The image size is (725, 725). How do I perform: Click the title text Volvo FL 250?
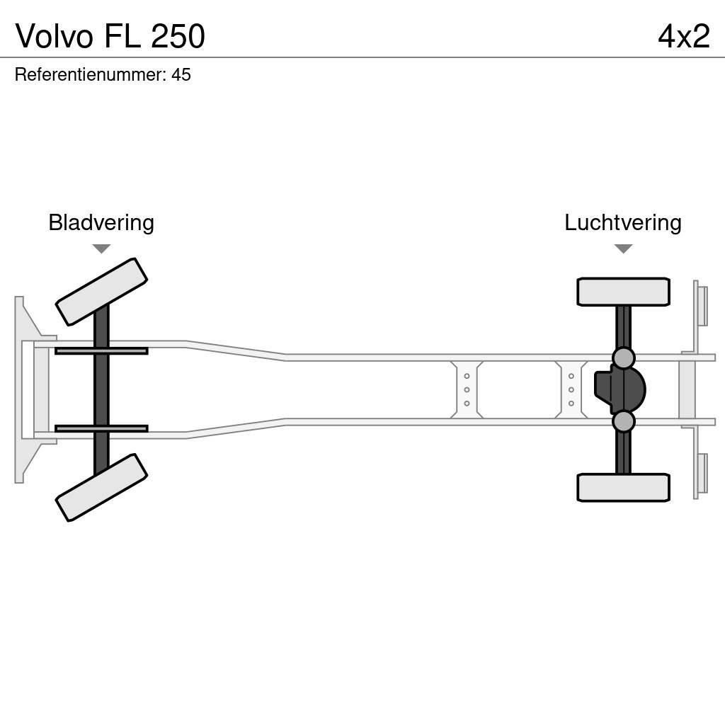tap(110, 36)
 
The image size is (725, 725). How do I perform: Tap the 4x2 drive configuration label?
tap(683, 36)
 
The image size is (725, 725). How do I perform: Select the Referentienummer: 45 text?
tap(103, 74)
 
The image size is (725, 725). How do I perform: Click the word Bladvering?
tap(101, 222)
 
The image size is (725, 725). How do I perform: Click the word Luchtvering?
tap(622, 222)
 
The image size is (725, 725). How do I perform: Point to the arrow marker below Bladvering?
tap(101, 249)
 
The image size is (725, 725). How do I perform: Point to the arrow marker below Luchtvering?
tap(623, 249)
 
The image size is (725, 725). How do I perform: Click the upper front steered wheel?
tap(101, 292)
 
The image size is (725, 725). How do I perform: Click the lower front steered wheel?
tap(101, 487)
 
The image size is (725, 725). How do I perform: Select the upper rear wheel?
tap(623, 292)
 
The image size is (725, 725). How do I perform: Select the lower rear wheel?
tap(623, 487)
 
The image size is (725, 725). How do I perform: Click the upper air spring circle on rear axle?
tap(623, 358)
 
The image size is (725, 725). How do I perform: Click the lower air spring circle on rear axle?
tap(623, 421)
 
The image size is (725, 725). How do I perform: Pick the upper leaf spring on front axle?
tap(101, 350)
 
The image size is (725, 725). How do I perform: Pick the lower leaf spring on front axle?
tap(101, 428)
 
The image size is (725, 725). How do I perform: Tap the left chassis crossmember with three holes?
tap(467, 389)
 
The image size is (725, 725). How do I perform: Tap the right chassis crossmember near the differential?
tap(571, 389)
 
